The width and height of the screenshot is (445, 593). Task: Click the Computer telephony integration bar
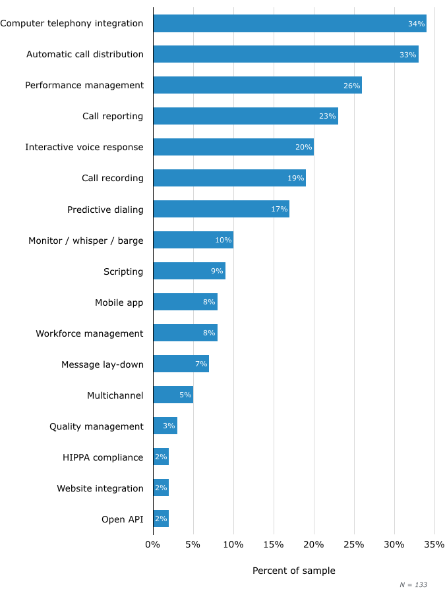[x=289, y=23]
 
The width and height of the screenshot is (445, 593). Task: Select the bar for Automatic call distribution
[x=285, y=54]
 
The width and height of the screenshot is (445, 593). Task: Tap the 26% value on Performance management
[x=351, y=86]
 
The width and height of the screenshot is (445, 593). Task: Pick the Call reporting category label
[x=113, y=116]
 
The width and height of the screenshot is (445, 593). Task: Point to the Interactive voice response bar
[x=233, y=147]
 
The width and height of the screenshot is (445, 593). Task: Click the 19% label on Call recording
[x=295, y=179]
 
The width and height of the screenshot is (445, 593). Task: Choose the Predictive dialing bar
[x=221, y=209]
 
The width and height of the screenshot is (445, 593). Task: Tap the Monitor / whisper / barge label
[x=86, y=240]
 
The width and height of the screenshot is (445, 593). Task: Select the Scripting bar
[x=189, y=271]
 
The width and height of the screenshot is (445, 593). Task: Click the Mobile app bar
[x=185, y=302]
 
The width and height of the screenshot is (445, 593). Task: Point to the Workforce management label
[x=90, y=333]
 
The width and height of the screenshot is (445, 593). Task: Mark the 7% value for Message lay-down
[x=201, y=364]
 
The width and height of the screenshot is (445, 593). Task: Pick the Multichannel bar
[x=173, y=395]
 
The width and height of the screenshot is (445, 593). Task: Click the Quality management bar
[x=165, y=426]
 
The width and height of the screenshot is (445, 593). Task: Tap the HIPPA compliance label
[x=103, y=457]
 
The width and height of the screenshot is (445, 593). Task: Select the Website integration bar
[x=161, y=488]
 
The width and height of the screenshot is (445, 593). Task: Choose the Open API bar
[x=161, y=519]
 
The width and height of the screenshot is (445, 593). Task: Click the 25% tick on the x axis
[x=354, y=545]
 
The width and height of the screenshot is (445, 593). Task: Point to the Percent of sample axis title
[x=294, y=571]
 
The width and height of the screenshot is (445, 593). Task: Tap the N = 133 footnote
[x=413, y=585]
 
